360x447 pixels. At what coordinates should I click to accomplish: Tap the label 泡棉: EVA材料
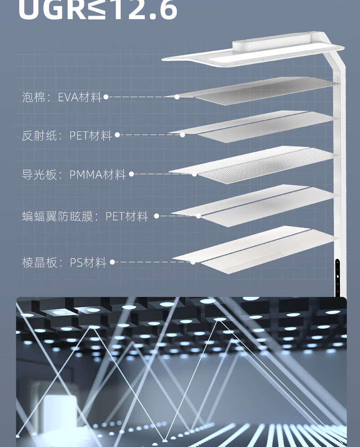pyautogui.click(x=62, y=97)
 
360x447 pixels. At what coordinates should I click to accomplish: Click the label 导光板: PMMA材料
pyautogui.click(x=74, y=175)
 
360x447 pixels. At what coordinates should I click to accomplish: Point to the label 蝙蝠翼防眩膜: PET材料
pyautogui.click(x=85, y=216)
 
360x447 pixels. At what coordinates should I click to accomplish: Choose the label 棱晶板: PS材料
pyautogui.click(x=64, y=263)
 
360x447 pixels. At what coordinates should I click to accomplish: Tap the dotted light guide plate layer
pyautogui.click(x=255, y=164)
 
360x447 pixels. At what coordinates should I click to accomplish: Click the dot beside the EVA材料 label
pyautogui.click(x=106, y=97)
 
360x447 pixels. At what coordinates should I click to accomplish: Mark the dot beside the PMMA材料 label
pyautogui.click(x=131, y=174)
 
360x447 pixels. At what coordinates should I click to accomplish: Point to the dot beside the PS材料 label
pyautogui.click(x=112, y=262)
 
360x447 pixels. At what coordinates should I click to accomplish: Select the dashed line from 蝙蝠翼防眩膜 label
pyautogui.click(x=177, y=216)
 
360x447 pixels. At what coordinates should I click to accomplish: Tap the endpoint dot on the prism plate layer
pyautogui.click(x=193, y=262)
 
